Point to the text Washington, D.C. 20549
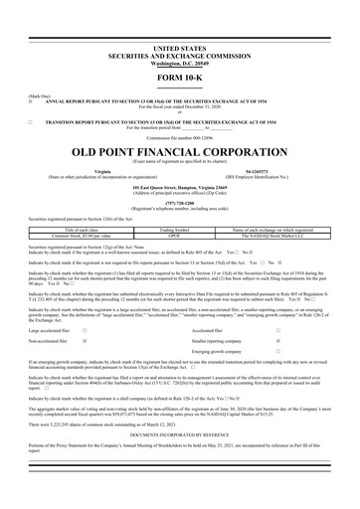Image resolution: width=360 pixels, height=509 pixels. pos(180,54)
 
